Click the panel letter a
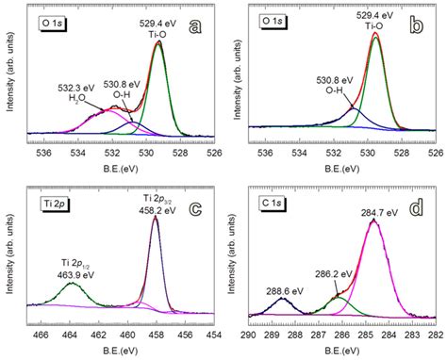(195, 27)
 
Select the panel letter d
(417, 209)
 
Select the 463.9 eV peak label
(75, 275)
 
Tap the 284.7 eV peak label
(380, 213)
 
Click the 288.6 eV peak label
(285, 291)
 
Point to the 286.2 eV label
(334, 274)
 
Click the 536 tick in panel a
(44, 154)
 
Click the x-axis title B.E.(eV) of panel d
(342, 351)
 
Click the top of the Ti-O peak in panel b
(375, 33)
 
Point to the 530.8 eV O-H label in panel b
(335, 85)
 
